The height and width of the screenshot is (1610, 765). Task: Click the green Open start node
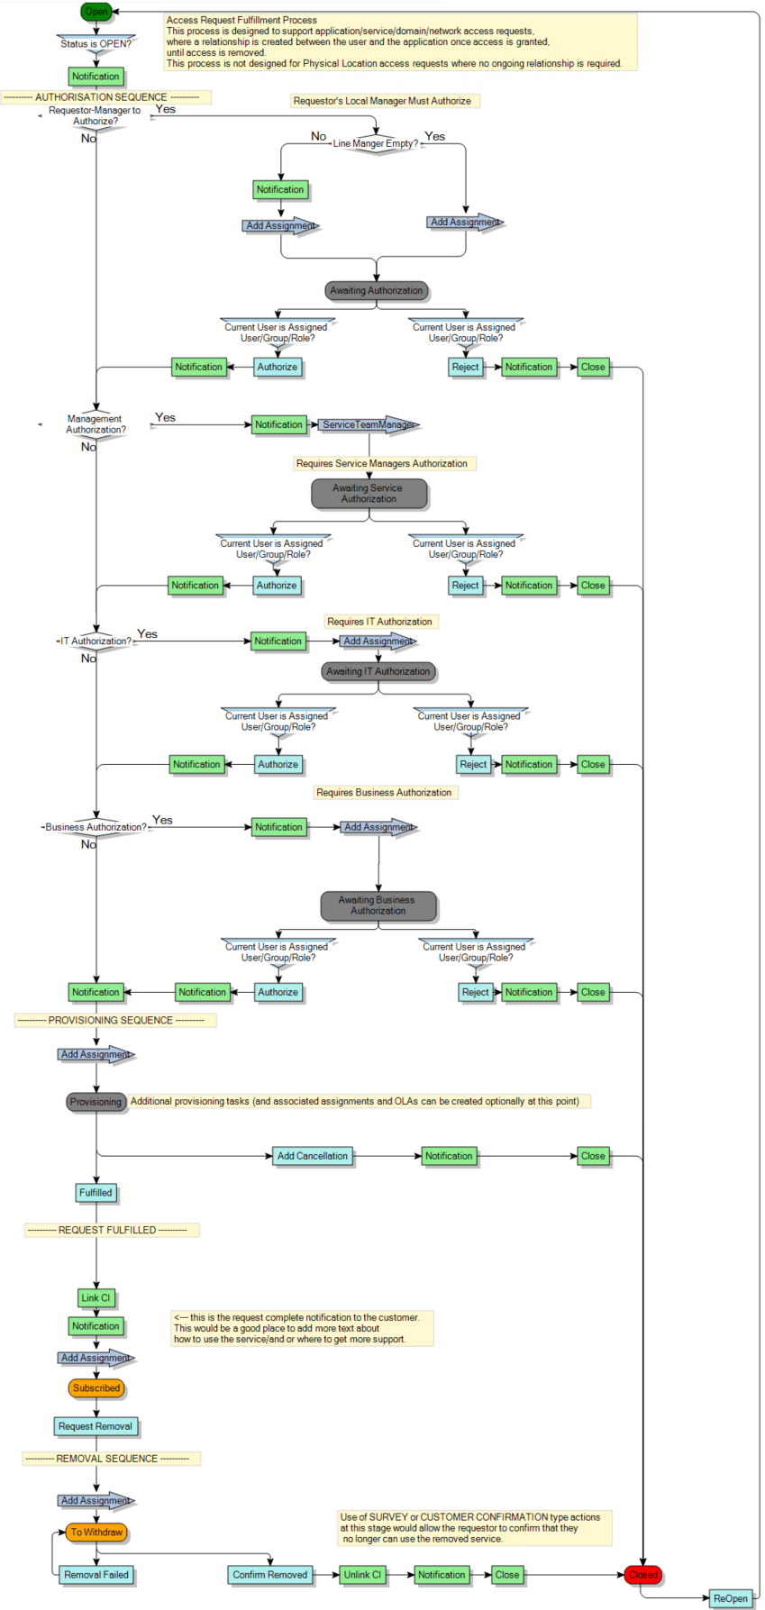pos(96,12)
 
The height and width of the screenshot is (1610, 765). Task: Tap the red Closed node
pos(642,1574)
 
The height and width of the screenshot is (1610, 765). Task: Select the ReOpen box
pos(730,1598)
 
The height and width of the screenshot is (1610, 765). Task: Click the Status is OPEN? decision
pos(96,43)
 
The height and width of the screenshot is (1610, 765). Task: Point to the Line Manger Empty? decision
pos(376,143)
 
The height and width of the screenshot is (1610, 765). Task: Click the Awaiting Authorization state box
pos(376,290)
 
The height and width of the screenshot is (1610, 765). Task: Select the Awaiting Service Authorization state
pos(369,493)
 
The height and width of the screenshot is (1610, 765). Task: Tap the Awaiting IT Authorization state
pos(378,671)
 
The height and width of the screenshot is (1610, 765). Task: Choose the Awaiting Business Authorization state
pos(378,905)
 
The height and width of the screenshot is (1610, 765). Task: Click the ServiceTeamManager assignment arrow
pos(368,424)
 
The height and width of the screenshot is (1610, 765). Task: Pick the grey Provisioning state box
pos(96,1101)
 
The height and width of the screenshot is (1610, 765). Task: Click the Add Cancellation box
pos(312,1155)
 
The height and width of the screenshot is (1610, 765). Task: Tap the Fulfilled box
pos(96,1192)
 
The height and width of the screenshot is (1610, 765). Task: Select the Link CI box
pos(96,1297)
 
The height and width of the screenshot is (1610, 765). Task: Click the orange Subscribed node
pos(96,1387)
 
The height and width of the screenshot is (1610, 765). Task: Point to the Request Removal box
pos(96,1425)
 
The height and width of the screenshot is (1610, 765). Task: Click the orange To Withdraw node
pos(96,1532)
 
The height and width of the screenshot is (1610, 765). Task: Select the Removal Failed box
pos(96,1574)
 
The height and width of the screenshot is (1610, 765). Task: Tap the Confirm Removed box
pos(269,1574)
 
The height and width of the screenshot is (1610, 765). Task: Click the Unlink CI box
pos(362,1574)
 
